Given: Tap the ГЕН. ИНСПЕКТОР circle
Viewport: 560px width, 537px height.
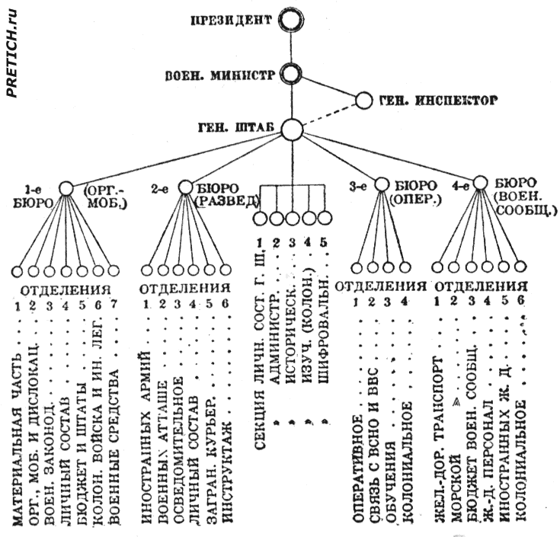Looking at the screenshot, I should click(365, 100).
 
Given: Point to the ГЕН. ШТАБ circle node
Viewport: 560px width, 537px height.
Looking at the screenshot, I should click(290, 129).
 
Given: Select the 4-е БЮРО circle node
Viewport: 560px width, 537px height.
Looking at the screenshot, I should click(480, 184).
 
